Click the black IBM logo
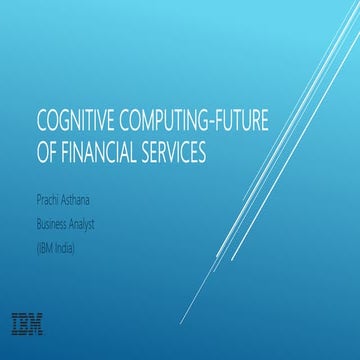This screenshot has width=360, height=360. (x=28, y=323)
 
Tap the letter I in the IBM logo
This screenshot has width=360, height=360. (x=15, y=323)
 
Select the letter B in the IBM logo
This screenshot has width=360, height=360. (x=24, y=323)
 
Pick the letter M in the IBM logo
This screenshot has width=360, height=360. (x=37, y=323)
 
